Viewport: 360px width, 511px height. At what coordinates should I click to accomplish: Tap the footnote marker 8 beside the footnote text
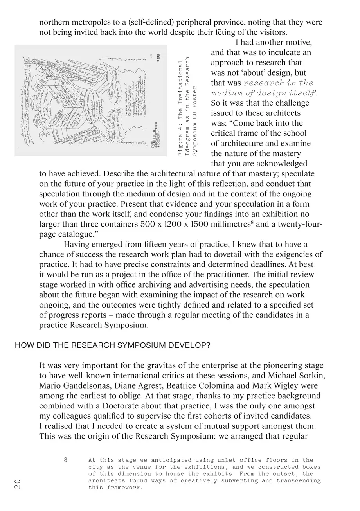click(x=66, y=460)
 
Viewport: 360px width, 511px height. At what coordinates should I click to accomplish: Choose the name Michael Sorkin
click(x=300, y=376)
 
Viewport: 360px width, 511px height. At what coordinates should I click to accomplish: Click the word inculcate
click(x=287, y=52)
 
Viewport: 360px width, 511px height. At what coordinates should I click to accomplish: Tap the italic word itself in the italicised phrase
click(x=302, y=93)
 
